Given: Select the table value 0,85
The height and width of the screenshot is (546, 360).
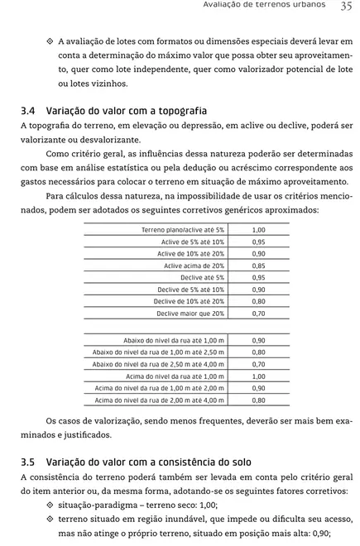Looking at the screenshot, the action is tap(258, 266).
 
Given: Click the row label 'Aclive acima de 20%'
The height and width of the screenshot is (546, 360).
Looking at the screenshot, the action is tap(194, 266).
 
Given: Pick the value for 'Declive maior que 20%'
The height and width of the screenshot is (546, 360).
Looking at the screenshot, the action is tap(258, 314).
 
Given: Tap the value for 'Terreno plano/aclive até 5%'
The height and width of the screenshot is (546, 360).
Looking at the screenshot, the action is tap(258, 230).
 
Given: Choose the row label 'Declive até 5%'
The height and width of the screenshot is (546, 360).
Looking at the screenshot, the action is tap(202, 278).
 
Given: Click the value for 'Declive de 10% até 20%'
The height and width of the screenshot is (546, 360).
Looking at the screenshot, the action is tap(258, 302).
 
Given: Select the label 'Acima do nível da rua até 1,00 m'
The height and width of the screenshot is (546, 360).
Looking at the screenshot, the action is tap(175, 376).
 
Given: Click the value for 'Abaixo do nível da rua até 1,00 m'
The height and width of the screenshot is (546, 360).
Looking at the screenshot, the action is tap(258, 340).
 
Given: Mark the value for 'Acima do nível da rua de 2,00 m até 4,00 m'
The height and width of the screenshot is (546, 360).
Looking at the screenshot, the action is tap(258, 400).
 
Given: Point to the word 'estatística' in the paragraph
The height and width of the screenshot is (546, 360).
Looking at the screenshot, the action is tap(137, 166).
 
